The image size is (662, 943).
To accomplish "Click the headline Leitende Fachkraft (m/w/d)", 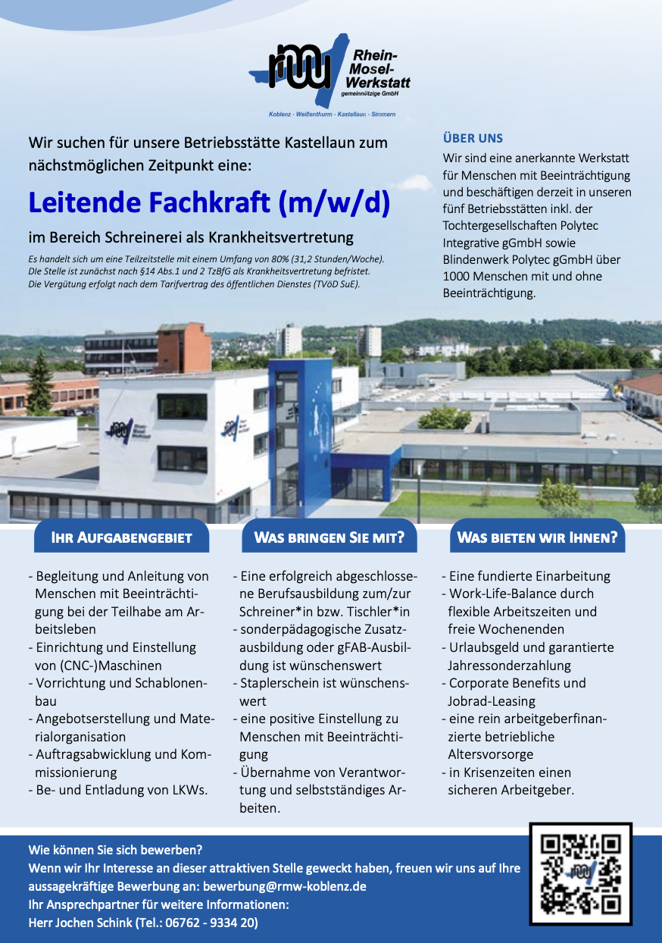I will coord(209,202).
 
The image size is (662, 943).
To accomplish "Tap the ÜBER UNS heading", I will coord(473,138).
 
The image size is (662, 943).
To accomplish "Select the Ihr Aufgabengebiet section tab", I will coord(120,538).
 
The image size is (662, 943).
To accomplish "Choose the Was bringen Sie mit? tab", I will coord(329,538).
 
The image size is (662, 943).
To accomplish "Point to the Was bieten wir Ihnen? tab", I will coord(537,538).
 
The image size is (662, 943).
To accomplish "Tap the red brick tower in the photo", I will coord(184,348).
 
